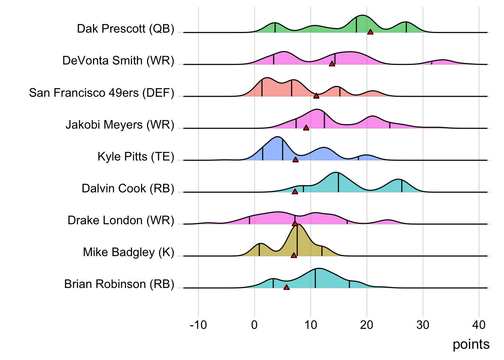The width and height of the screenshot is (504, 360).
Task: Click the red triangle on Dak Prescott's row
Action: click(x=370, y=32)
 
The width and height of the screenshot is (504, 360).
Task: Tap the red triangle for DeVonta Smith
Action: click(x=332, y=64)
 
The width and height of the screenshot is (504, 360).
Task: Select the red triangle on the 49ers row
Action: click(x=316, y=96)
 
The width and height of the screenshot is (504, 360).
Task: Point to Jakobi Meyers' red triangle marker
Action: click(x=306, y=128)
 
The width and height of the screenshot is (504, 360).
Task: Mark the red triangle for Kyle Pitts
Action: click(x=295, y=160)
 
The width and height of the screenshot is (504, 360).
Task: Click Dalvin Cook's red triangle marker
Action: click(x=295, y=192)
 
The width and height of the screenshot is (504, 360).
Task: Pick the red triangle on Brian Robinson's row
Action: click(x=286, y=287)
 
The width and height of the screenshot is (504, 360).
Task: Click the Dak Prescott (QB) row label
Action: click(x=126, y=29)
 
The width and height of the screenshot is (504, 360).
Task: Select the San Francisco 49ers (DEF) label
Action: click(x=102, y=93)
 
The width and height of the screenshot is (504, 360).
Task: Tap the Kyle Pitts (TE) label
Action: click(x=136, y=156)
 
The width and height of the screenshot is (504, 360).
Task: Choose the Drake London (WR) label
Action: click(x=121, y=220)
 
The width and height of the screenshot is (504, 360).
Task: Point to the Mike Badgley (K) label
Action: click(x=129, y=252)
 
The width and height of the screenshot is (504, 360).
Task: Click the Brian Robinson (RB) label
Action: click(x=119, y=284)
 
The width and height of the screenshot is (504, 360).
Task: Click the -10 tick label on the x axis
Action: click(x=198, y=325)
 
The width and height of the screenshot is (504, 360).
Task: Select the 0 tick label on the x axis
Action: click(x=255, y=325)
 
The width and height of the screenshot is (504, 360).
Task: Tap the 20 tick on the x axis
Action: click(x=367, y=325)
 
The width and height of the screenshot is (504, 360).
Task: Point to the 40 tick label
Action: click(x=479, y=325)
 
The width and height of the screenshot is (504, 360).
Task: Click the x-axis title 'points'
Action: click(x=471, y=344)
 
